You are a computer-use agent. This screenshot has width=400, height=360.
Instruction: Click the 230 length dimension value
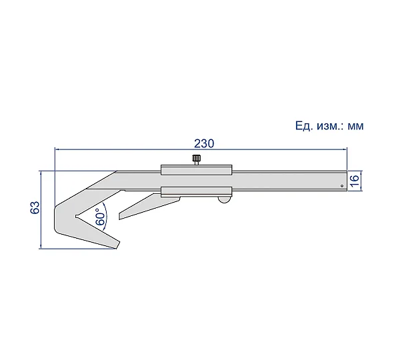coord(204,143)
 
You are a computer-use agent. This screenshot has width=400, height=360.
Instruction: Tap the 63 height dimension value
coord(35,207)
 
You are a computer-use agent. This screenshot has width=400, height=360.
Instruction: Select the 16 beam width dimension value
coord(355,180)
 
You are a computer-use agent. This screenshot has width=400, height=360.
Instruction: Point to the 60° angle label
coord(100,217)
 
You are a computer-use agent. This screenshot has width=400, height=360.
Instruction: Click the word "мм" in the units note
coord(355,126)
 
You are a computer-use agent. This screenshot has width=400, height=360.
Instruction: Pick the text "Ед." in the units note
coord(304,126)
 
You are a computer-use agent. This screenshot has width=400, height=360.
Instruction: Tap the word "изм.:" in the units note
coord(330,126)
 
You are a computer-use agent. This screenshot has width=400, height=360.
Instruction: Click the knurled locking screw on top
coord(196,159)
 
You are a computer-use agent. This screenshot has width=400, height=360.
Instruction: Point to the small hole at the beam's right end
coord(342,186)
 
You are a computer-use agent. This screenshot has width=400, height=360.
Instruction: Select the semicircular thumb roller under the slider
coord(224,199)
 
